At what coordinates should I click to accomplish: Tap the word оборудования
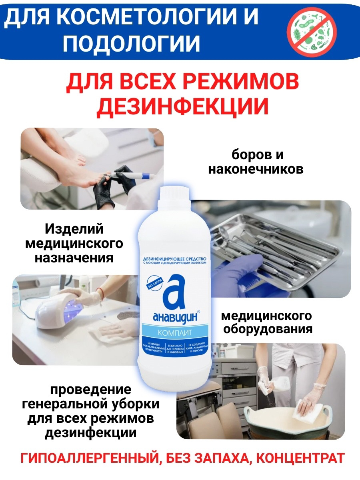[267, 330]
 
